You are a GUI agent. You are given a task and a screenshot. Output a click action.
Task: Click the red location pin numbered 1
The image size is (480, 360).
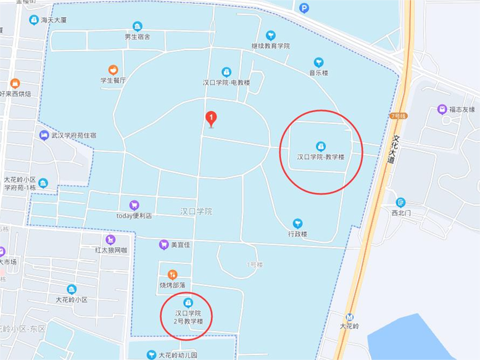(210, 117)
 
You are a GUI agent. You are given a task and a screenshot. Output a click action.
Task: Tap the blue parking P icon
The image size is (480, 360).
(304, 8)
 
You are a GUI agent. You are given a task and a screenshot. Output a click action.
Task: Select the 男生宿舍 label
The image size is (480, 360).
(137, 37)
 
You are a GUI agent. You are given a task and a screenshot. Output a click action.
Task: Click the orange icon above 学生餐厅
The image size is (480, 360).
(113, 70)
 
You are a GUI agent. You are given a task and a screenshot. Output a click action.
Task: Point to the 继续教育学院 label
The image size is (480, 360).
(270, 46)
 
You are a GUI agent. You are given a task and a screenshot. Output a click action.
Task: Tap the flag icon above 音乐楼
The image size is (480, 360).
(318, 62)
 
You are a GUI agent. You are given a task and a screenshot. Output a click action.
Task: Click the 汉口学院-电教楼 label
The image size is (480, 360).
(226, 82)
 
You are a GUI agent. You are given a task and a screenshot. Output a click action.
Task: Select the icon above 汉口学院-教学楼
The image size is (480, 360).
(320, 146)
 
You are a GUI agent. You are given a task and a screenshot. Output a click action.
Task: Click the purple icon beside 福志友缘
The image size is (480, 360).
(442, 109)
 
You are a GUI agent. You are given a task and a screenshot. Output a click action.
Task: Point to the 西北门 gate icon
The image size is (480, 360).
(401, 202)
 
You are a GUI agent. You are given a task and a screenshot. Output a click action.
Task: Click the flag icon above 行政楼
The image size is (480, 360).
(297, 223)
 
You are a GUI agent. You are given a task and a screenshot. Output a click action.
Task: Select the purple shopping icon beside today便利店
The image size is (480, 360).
(134, 205)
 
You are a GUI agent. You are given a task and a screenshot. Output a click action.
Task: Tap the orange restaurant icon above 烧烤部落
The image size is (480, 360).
(173, 274)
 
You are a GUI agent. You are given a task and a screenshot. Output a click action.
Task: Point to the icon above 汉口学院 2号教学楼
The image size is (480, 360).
(188, 302)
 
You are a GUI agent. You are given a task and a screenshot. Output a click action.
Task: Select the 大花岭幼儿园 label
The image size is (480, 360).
(177, 355)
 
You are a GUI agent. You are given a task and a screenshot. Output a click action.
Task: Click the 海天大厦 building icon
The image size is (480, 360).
(33, 20)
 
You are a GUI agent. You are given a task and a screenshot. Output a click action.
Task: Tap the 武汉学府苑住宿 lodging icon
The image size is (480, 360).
(44, 135)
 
